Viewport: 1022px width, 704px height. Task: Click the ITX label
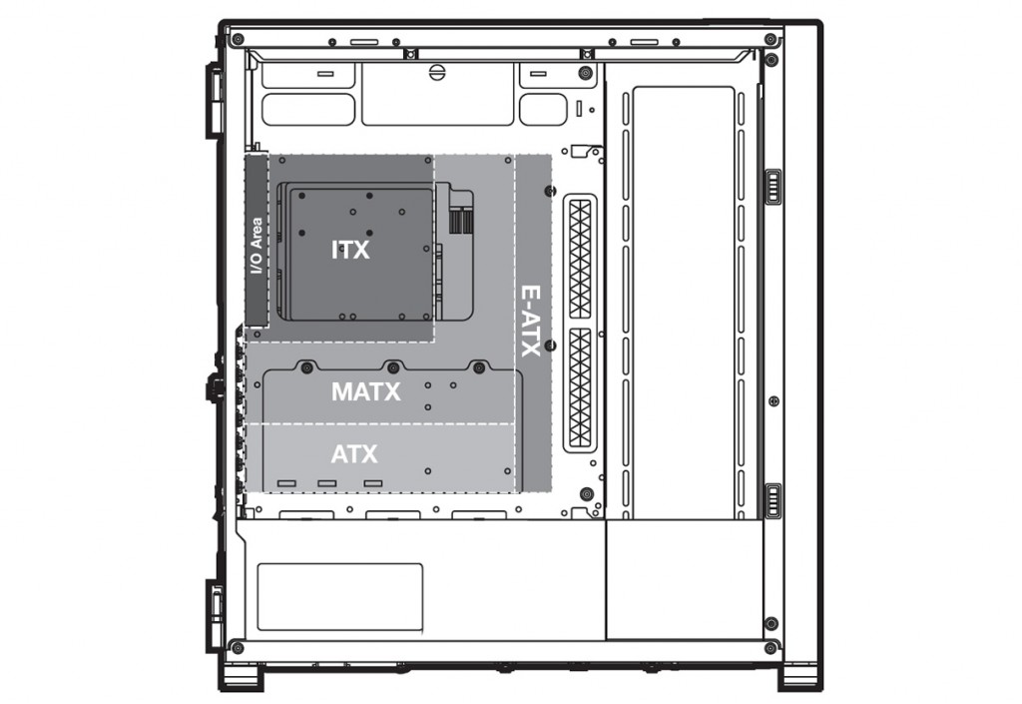[350, 250]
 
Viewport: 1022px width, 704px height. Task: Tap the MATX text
[365, 391]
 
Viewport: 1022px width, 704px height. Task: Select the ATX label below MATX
[354, 453]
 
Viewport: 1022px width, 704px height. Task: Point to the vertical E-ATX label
[530, 321]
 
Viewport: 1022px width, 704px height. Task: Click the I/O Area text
[256, 246]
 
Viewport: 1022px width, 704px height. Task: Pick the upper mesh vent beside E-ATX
[580, 259]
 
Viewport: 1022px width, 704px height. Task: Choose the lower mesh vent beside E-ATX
[580, 387]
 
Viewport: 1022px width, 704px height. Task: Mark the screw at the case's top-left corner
[238, 39]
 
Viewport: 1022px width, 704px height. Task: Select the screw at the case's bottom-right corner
[770, 648]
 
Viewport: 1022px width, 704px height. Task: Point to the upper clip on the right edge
[773, 187]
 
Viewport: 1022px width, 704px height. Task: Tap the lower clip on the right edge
[773, 501]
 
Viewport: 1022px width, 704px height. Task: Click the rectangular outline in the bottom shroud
[339, 597]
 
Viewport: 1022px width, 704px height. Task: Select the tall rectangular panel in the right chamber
[685, 303]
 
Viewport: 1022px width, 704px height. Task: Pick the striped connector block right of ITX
[461, 221]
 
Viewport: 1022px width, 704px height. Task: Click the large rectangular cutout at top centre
[437, 94]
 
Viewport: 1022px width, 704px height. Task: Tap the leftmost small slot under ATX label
[286, 483]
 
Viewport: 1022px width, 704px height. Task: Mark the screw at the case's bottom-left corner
[238, 648]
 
